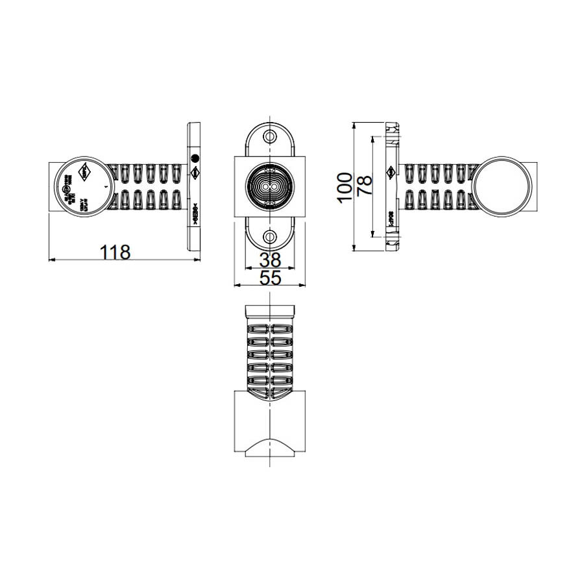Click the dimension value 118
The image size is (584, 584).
pyautogui.click(x=116, y=251)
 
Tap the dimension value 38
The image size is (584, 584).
pyautogui.click(x=269, y=261)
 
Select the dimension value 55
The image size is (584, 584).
pyautogui.click(x=269, y=278)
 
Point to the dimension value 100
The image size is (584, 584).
pyautogui.click(x=345, y=187)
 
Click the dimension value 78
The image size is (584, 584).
pyautogui.click(x=364, y=187)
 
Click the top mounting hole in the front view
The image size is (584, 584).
pyautogui.click(x=269, y=137)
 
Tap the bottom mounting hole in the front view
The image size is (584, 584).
pyautogui.click(x=269, y=236)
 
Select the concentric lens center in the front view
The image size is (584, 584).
pyautogui.click(x=269, y=187)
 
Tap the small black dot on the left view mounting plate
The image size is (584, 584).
pyautogui.click(x=193, y=158)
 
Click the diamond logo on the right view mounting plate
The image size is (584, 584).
pyautogui.click(x=391, y=173)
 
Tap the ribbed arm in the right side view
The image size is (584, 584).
pyautogui.click(x=438, y=186)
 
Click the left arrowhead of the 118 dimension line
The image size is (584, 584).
pyautogui.click(x=52, y=260)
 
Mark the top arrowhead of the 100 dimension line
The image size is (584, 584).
pyautogui.click(x=354, y=124)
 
